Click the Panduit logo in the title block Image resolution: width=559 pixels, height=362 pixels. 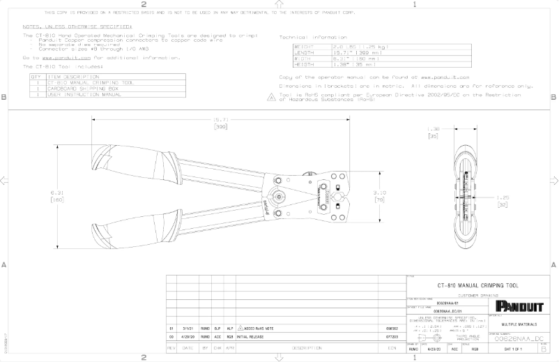pyautogui.click(x=519, y=306)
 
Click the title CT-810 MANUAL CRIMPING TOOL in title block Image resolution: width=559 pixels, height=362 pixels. pyautogui.click(x=477, y=286)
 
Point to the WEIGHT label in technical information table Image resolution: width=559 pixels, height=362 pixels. pyautogui.click(x=305, y=46)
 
